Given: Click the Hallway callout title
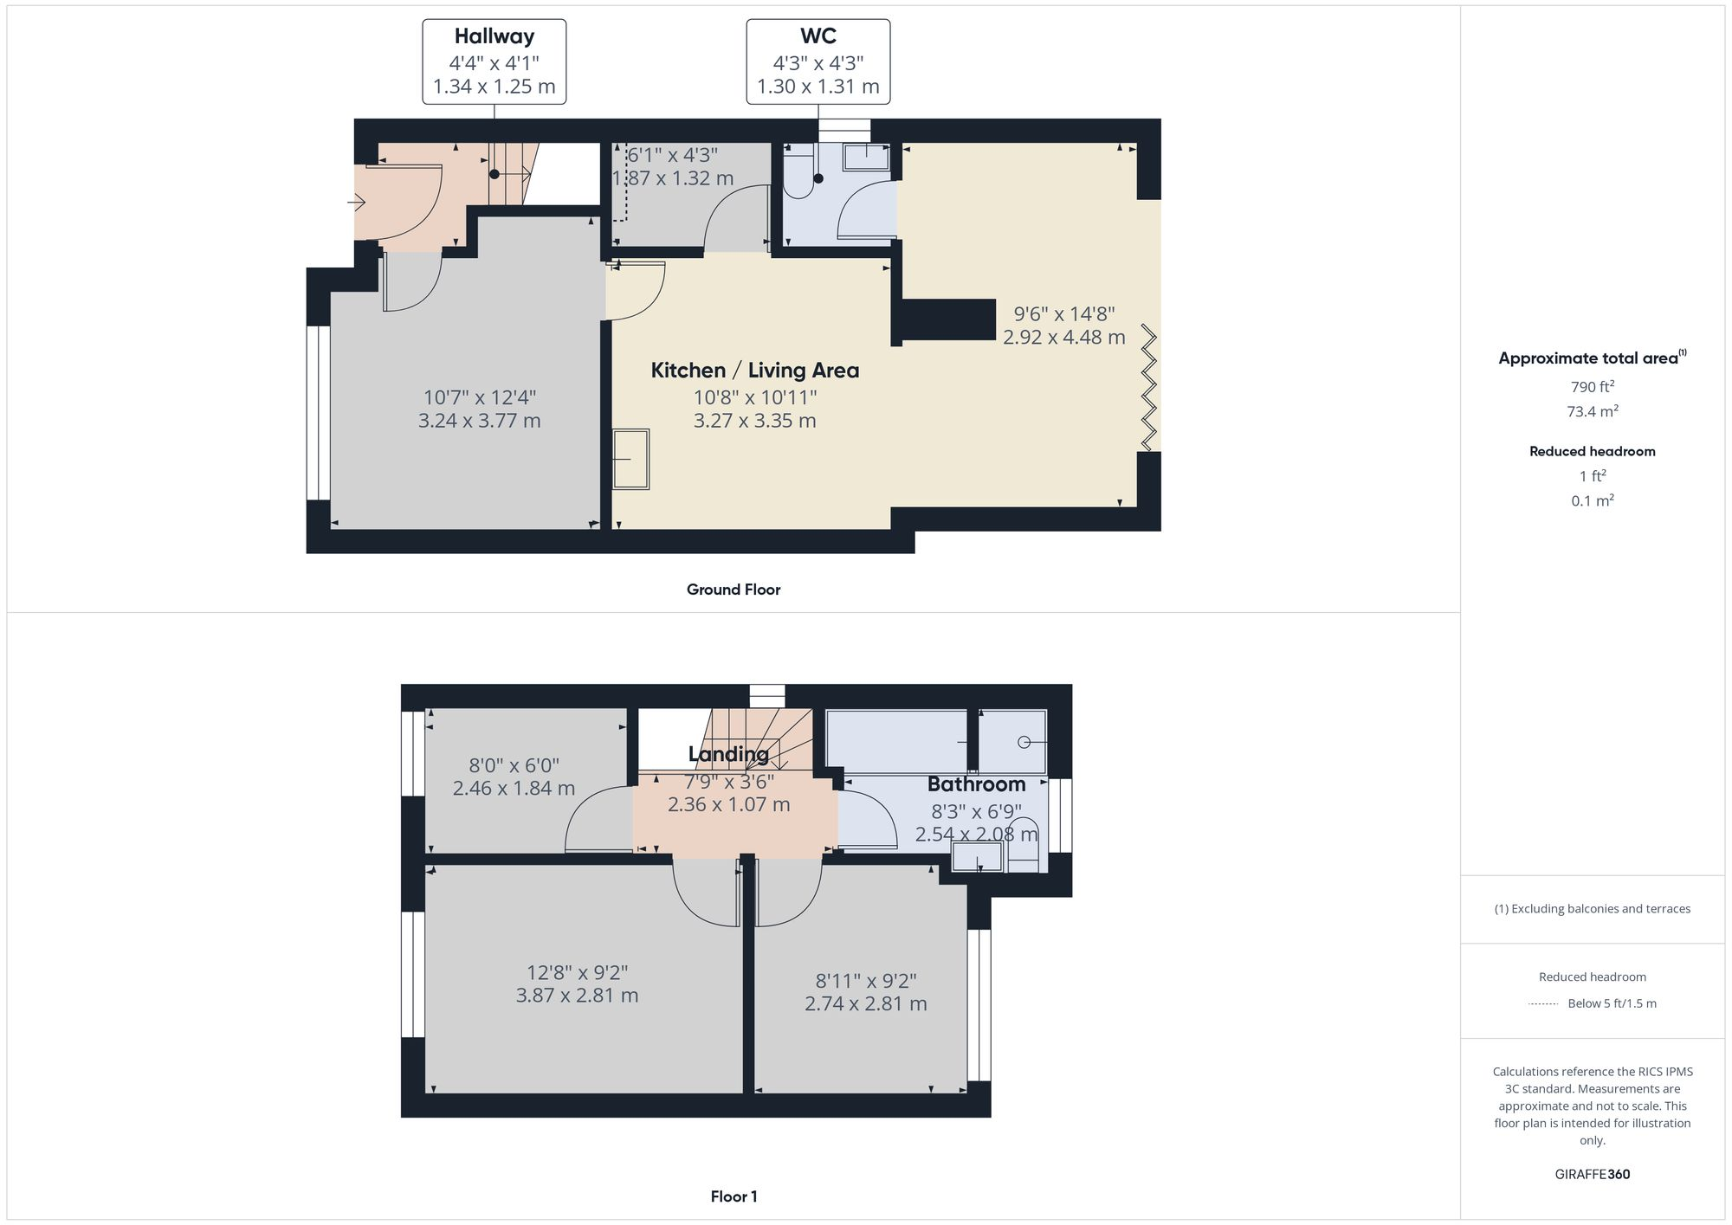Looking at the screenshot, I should coord(494,36).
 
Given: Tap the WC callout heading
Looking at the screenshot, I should coord(818,36).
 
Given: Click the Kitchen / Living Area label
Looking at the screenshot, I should coord(754,371).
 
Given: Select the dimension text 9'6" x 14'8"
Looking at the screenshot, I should coord(1063,314).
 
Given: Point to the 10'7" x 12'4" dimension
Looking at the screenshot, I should coord(479,397).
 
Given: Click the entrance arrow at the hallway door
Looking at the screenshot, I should coord(356,203).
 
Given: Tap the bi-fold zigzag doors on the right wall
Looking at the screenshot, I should coord(1149,387).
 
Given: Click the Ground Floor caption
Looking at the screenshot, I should coord(733,590).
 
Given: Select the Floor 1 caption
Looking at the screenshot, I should coord(733,1196).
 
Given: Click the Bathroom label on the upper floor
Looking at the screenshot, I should coord(976,784).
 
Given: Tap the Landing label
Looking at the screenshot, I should coord(728,754).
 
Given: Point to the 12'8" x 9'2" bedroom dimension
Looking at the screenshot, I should coord(577,973).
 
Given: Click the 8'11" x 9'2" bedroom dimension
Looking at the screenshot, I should coord(865,981).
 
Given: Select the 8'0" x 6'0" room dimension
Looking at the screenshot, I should coord(514,765).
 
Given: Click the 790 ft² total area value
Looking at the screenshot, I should coord(1592,387).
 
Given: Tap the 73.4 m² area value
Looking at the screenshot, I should coord(1592,411).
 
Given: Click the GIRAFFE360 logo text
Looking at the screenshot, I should coord(1592,1175).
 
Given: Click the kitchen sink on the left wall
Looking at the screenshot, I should coord(631,460).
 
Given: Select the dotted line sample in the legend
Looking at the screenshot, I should coord(1543,1004).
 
